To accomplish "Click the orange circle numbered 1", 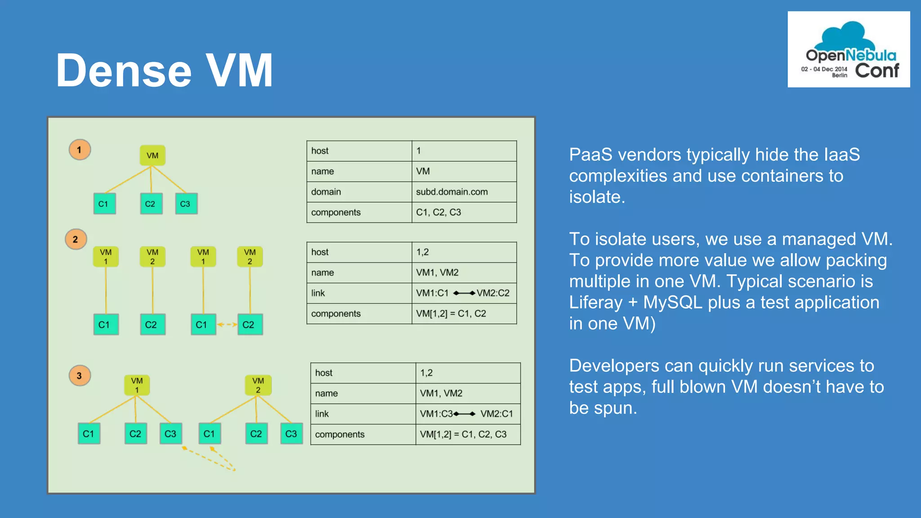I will pos(80,150).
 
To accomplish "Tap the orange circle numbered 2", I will pos(76,239).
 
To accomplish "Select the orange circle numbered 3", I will pos(80,375).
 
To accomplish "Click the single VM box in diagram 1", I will pos(152,156).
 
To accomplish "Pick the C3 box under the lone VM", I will pos(186,204).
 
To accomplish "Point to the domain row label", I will pos(326,192).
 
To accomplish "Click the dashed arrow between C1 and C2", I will pos(227,324).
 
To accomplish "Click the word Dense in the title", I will pos(124,71).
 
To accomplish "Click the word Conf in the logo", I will pos(876,71).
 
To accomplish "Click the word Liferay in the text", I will pos(596,303).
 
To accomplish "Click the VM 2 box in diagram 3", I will pos(258,385).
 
